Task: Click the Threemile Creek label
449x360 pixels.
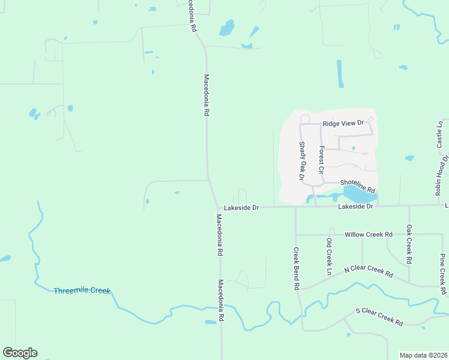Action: coord(82,290)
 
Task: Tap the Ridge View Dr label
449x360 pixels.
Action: coord(343,123)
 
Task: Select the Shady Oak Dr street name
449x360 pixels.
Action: coord(302,161)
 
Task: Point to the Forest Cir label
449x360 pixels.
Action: coord(322,161)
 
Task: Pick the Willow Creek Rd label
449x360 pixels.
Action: coord(369,234)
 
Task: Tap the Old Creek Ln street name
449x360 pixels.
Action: coord(328,257)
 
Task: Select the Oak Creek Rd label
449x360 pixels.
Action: coord(409,245)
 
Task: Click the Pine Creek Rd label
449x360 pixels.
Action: coord(442,274)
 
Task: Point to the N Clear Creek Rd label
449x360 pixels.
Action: coord(369,271)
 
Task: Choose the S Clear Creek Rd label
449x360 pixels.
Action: coord(379,316)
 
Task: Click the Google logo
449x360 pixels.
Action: coord(20,353)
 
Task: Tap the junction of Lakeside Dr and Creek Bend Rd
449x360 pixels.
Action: coord(295,207)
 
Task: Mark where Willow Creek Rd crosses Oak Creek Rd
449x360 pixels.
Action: coord(409,234)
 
